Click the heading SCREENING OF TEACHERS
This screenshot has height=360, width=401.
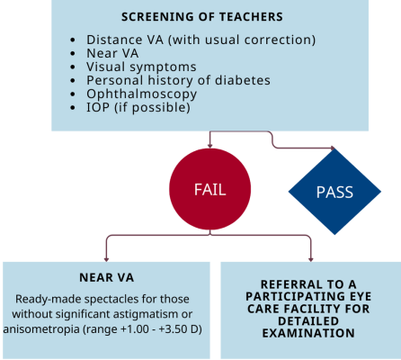(x=202, y=17)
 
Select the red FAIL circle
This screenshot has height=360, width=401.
(x=209, y=189)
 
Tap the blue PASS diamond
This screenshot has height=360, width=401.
(x=334, y=192)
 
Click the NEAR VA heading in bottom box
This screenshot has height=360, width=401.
(x=106, y=277)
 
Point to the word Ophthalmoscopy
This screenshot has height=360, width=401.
(x=141, y=94)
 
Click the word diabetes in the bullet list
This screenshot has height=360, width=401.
(x=243, y=80)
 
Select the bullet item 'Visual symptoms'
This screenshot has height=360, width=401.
(x=141, y=67)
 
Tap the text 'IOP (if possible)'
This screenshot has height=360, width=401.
(x=138, y=108)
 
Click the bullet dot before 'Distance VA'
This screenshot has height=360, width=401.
(x=73, y=40)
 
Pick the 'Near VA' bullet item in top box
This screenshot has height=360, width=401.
(x=112, y=53)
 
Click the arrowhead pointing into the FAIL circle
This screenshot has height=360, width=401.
(x=209, y=146)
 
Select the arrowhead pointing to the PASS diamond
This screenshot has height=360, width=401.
(x=333, y=148)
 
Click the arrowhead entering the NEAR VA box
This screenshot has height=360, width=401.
(x=106, y=259)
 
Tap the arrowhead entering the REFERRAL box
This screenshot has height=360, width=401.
(x=311, y=259)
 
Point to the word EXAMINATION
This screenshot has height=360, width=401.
(x=308, y=333)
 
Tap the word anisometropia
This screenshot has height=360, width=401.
(x=41, y=329)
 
